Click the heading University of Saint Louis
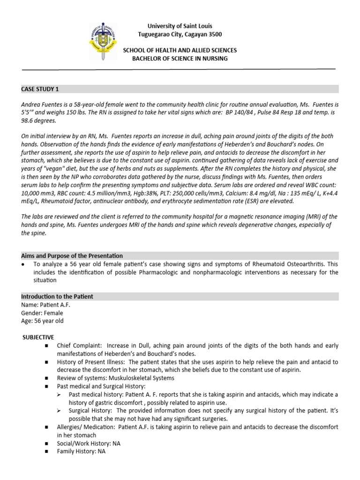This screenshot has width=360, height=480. point(180,26)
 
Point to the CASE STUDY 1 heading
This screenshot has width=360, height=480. point(40,89)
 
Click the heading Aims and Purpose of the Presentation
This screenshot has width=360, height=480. point(72,256)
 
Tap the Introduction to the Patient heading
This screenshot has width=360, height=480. point(57,297)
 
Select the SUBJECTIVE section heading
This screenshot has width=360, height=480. point(38,337)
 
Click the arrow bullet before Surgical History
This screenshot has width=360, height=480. point(59,411)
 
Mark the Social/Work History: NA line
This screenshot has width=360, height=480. point(86,443)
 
